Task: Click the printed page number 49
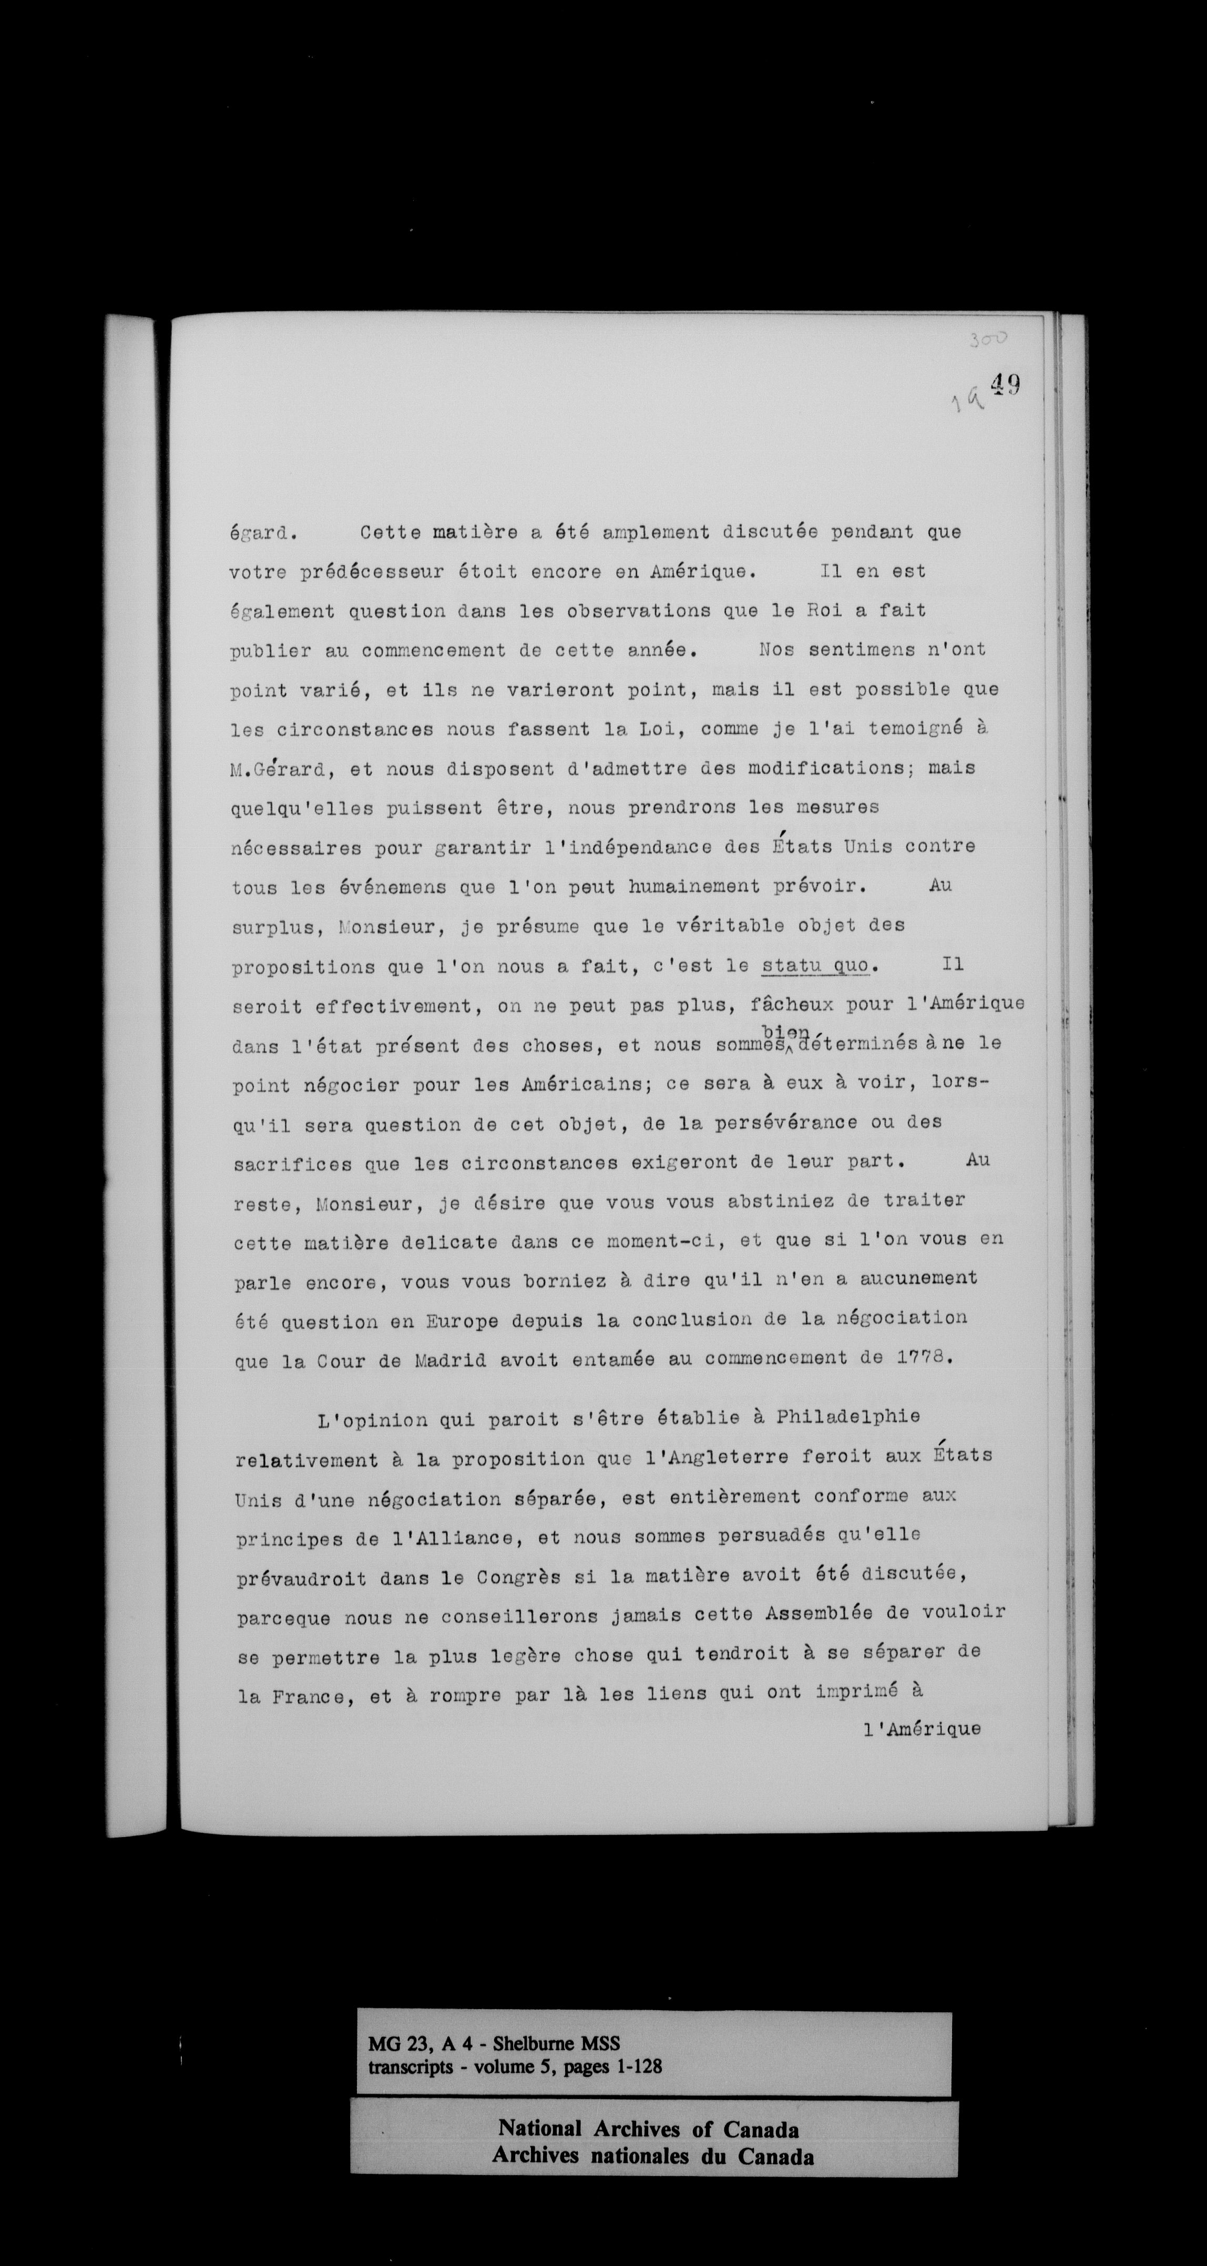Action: (1005, 385)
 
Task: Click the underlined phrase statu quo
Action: (815, 966)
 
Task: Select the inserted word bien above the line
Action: (785, 1031)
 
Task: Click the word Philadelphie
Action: (848, 1417)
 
